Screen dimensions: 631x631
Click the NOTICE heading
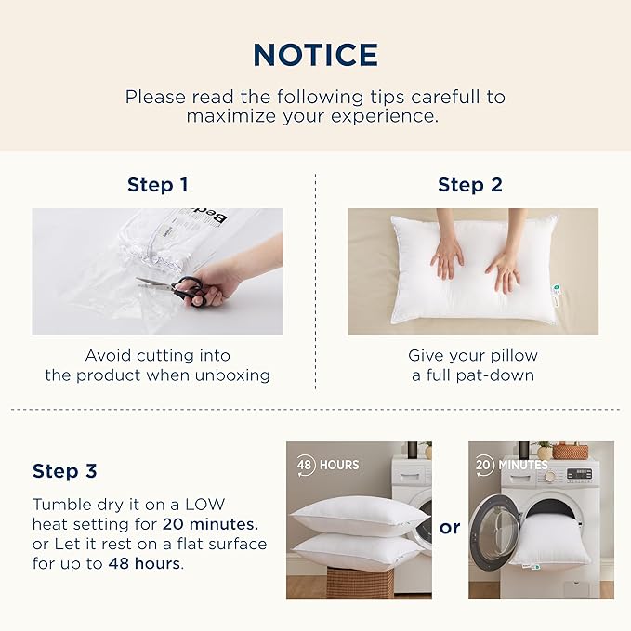315,54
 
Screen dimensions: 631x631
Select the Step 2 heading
470,185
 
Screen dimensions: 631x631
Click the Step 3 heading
64,471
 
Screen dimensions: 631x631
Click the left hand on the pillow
447,256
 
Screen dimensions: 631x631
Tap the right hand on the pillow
504,269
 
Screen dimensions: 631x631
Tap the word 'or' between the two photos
450,528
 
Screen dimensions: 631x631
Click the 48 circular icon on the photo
305,465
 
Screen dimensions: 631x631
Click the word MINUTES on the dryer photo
523,465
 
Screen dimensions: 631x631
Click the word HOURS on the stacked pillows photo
339,465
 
